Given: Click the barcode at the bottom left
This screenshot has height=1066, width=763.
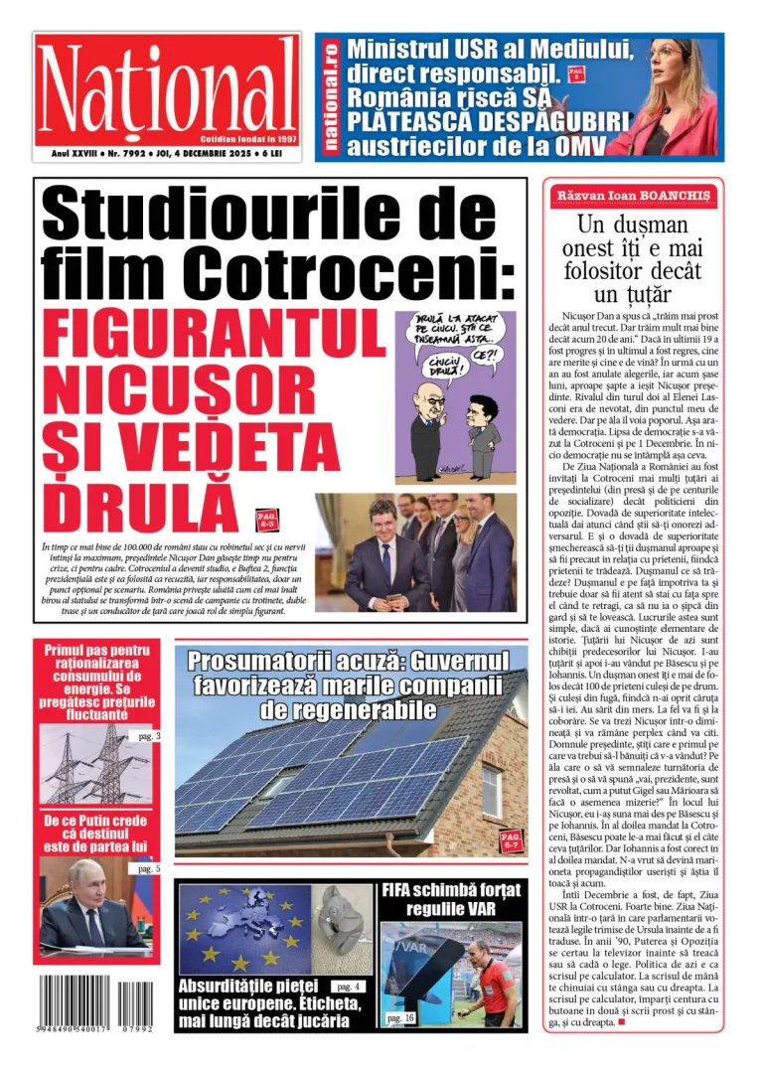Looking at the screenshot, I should point(96,1003).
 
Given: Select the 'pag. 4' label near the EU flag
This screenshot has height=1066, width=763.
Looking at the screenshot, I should point(350,987).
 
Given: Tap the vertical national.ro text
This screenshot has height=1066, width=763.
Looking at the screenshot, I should point(331,96).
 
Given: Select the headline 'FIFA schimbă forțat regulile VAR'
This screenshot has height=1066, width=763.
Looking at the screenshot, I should point(452,900).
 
